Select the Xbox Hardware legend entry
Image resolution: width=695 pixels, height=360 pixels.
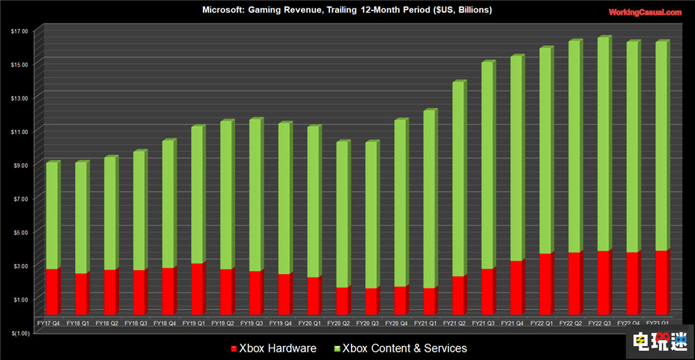(x=273, y=348)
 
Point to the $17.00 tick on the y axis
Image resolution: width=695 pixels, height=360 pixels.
(x=19, y=31)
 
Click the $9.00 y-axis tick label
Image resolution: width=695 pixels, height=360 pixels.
(x=19, y=165)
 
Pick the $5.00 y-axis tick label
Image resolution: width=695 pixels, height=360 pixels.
(x=19, y=232)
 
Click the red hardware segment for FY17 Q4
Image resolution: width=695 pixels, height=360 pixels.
(x=53, y=291)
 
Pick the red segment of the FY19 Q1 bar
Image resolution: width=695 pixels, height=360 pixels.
(x=198, y=288)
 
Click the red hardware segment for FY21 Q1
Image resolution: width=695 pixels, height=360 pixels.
(x=430, y=300)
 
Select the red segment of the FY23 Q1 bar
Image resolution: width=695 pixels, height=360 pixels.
(x=662, y=281)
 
